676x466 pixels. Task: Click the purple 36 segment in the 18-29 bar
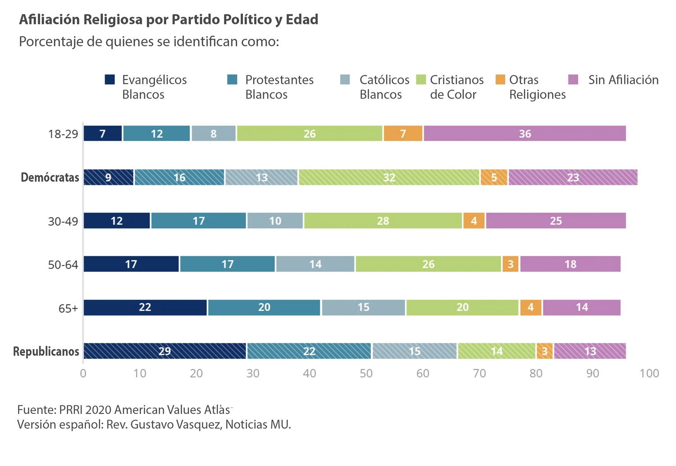click(x=525, y=134)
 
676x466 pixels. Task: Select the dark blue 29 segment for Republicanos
click(x=165, y=351)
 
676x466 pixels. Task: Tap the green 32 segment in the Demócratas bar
click(x=389, y=177)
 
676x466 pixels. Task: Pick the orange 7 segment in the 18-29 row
click(x=403, y=134)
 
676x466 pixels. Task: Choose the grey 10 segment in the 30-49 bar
click(x=275, y=221)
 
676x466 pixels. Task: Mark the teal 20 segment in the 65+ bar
click(x=264, y=308)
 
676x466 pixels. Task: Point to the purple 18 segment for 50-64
click(x=570, y=264)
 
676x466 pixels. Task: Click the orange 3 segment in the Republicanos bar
click(x=544, y=351)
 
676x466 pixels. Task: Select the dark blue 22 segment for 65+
click(x=145, y=308)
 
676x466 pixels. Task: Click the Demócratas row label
click(x=50, y=177)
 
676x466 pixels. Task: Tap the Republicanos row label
click(x=46, y=351)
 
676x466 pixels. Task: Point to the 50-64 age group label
click(x=63, y=265)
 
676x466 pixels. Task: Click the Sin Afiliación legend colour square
click(x=573, y=80)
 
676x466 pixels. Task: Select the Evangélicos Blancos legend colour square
click(x=110, y=80)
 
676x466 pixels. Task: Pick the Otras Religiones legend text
click(x=537, y=87)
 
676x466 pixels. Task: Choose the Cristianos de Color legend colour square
click(x=421, y=80)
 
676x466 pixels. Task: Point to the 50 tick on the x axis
click(x=366, y=373)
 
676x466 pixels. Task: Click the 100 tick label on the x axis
click(x=649, y=373)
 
